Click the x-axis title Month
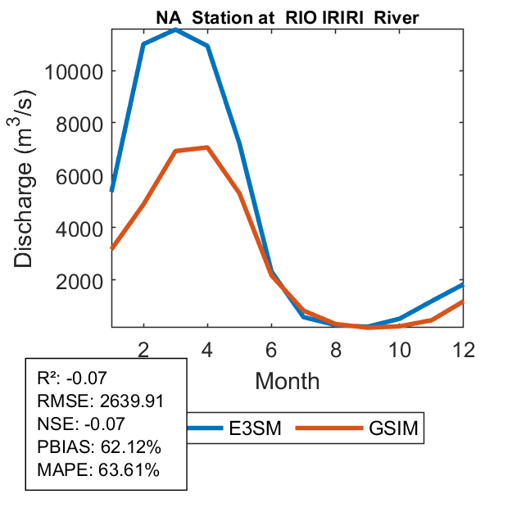click(x=287, y=380)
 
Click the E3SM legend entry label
click(x=256, y=428)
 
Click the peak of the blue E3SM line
click(x=175, y=29)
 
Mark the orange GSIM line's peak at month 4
click(x=207, y=147)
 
